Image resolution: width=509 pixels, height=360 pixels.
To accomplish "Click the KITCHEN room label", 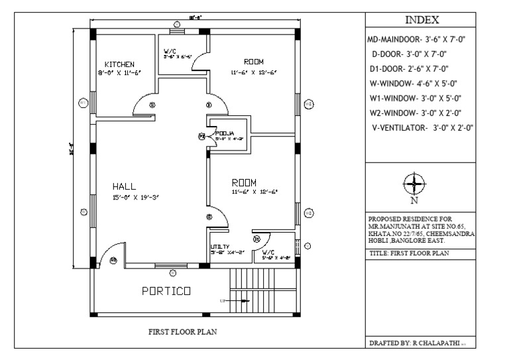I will (121, 64).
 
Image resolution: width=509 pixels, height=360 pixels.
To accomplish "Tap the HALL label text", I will (125, 186).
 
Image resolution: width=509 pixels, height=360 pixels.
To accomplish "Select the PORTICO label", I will (166, 290).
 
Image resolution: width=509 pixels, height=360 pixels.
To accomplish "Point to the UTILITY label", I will (219, 246).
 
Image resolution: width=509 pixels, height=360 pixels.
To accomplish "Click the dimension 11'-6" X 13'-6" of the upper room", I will (254, 72).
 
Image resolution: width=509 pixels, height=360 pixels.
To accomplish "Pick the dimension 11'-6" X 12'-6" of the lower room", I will (254, 192).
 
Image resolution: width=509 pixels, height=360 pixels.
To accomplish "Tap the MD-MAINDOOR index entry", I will (418, 40).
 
